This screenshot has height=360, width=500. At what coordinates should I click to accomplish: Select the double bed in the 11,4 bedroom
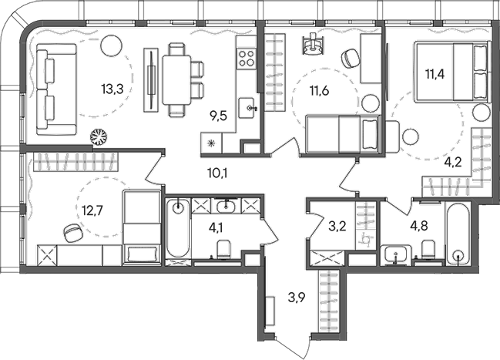tap(452, 71)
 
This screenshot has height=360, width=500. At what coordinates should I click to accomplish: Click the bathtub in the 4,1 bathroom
tap(177, 228)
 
